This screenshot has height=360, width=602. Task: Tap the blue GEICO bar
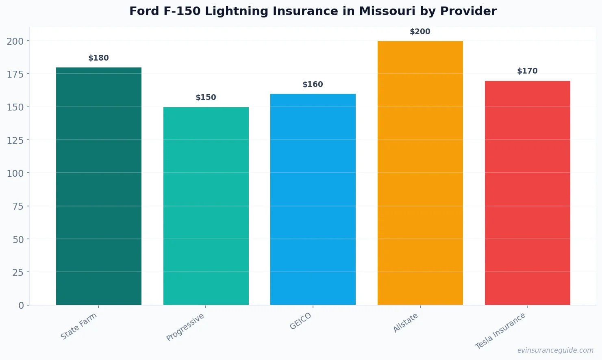click(x=313, y=199)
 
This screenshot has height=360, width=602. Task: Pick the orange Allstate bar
click(x=420, y=173)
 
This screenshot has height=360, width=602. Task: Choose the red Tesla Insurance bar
click(x=527, y=193)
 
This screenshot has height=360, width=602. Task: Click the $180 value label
click(x=99, y=58)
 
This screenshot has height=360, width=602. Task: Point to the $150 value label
click(x=206, y=98)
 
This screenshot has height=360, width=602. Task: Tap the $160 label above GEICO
click(x=313, y=85)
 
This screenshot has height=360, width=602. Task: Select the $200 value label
click(x=420, y=32)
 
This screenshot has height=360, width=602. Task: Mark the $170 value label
click(x=527, y=71)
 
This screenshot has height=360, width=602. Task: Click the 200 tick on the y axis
click(x=15, y=41)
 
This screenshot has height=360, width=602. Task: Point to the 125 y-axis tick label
click(x=15, y=140)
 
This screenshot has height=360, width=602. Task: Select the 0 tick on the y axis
click(x=21, y=306)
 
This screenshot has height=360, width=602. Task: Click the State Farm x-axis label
click(x=79, y=326)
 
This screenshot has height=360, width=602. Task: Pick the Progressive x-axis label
click(x=185, y=327)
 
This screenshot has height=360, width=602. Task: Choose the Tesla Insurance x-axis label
click(x=500, y=331)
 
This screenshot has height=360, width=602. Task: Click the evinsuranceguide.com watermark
click(x=555, y=350)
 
